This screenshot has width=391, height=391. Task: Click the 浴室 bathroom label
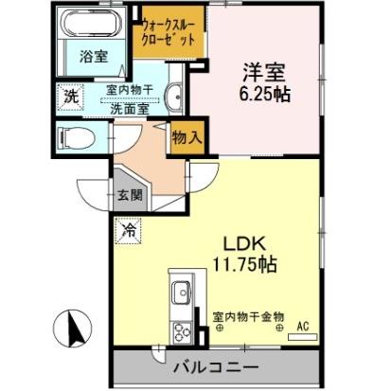[93, 57]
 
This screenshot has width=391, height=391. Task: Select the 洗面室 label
[124, 107]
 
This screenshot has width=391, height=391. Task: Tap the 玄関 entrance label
[130, 196]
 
